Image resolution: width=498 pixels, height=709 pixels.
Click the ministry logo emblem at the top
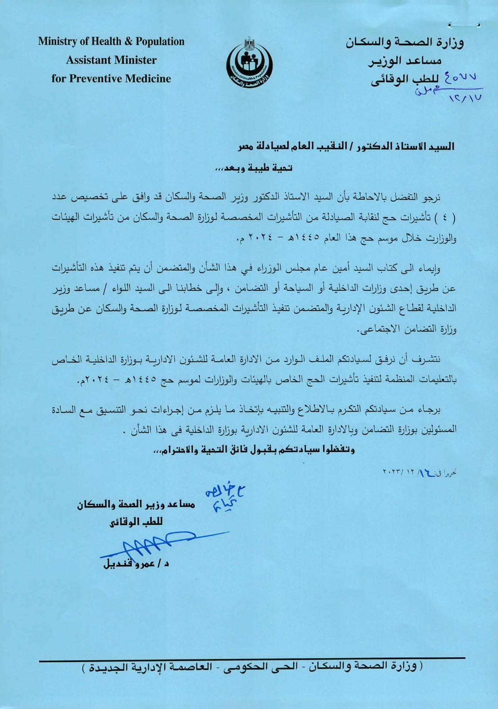pyautogui.click(x=249, y=63)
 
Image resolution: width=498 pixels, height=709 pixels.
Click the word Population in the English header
pyautogui.click(x=160, y=42)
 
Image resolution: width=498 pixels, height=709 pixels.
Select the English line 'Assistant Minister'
pyautogui.click(x=111, y=60)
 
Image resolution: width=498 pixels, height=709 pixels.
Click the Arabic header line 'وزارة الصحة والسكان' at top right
pyautogui.click(x=405, y=43)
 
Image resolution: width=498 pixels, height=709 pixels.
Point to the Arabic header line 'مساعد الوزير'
pyautogui.click(x=405, y=61)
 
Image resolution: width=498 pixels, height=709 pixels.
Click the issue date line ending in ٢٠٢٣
pyautogui.click(x=419, y=473)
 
